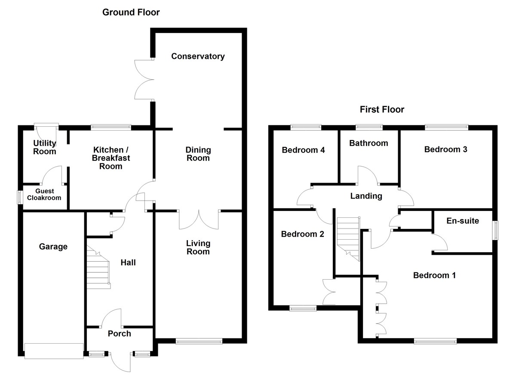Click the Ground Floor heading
tap(131, 12)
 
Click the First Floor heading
tap(382, 110)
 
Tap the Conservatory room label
tap(198, 56)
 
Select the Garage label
tap(53, 247)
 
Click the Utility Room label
tap(45, 147)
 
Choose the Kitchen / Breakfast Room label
tap(111, 158)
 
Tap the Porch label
tap(119, 334)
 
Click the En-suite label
tap(463, 222)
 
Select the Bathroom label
tap(369, 143)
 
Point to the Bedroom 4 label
tap(303, 150)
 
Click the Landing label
tap(366, 196)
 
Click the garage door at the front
tap(54, 351)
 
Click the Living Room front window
tap(199, 341)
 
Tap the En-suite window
tap(495, 231)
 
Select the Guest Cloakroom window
tap(19, 198)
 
